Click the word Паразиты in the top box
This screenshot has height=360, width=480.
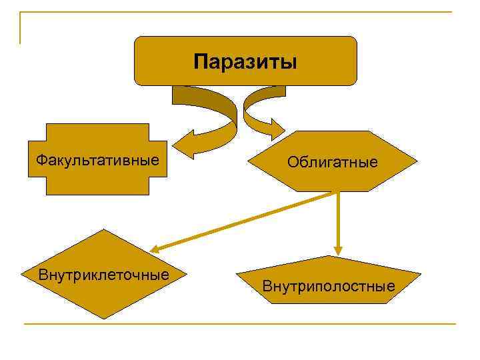pos(245,63)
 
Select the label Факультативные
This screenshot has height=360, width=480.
pos(97,160)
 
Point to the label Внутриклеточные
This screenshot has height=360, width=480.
pos(103,275)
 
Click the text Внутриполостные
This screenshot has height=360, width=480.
pos(329,287)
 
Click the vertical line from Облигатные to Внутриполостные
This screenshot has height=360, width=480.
pos(338,220)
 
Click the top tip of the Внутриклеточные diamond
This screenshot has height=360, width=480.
pos(103,230)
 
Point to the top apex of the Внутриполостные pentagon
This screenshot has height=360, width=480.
pos(331,256)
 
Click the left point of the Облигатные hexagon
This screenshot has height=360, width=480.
pos(249,161)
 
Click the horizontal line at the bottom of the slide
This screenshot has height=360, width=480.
pos(240,325)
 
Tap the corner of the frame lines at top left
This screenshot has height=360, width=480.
pos(21,13)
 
